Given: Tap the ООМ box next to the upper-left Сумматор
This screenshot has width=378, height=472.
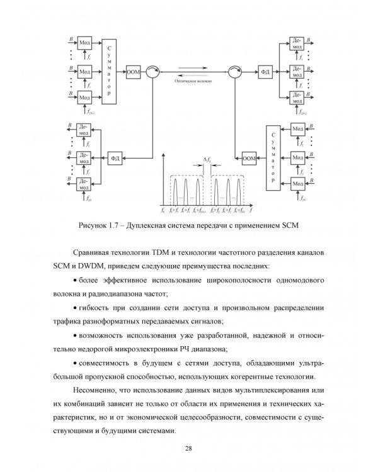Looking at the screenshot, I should pyautogui.click(x=133, y=72).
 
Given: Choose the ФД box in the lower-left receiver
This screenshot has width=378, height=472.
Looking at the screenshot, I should pyautogui.click(x=115, y=157).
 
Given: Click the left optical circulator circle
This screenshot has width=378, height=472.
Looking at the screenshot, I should pyautogui.click(x=152, y=72).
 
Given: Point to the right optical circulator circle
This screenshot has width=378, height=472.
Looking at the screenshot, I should pyautogui.click(x=234, y=72).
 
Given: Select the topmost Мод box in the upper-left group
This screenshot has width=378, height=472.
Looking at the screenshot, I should pyautogui.click(x=84, y=42).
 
